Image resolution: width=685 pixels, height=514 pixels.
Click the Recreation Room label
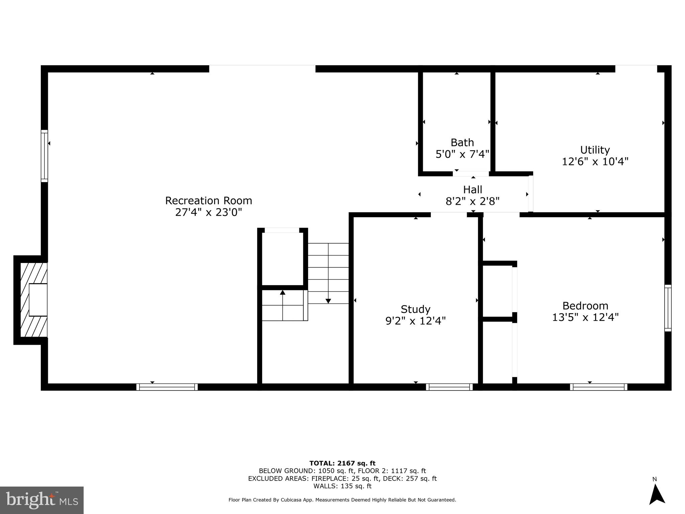208,200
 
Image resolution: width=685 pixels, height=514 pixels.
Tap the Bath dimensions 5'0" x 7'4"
462,154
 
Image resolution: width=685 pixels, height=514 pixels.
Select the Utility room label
595,150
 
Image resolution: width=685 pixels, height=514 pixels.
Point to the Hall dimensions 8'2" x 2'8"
472,201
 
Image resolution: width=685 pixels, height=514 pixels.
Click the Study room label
415,309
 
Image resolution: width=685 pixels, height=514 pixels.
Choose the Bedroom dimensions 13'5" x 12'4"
585,317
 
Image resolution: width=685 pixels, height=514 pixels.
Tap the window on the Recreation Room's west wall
44,156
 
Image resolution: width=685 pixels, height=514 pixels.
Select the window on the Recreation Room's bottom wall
167,387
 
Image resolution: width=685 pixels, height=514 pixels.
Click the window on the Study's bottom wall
449,387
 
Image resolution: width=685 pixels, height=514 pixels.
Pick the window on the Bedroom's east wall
668,308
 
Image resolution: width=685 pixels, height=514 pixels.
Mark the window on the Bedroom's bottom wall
598,387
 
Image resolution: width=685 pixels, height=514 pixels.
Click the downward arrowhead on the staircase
328,301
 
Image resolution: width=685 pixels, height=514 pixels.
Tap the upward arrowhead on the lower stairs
283,292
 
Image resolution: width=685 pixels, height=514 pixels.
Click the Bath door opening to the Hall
471,174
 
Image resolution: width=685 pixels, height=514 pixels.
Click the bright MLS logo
42,500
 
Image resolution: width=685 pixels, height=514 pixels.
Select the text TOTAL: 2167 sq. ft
342,463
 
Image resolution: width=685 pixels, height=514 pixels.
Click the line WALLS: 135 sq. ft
342,486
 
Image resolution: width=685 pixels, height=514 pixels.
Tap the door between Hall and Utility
530,194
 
